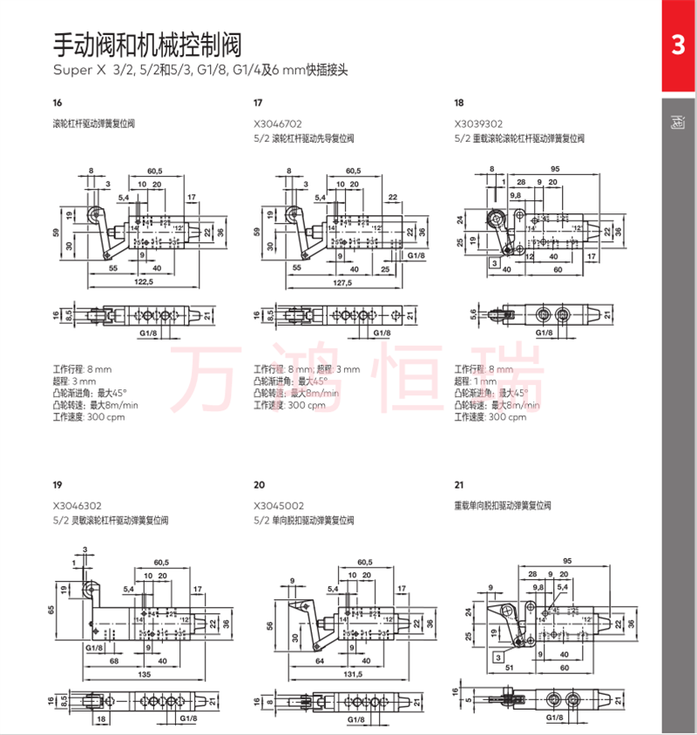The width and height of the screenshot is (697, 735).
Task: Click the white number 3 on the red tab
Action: tap(679, 45)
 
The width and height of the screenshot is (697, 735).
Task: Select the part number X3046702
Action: tap(278, 125)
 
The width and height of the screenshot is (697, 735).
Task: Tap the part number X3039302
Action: tap(478, 125)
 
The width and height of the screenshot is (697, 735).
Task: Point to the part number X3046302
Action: tap(77, 505)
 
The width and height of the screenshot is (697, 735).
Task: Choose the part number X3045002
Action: tap(279, 505)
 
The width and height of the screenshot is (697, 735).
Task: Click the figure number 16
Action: tap(58, 103)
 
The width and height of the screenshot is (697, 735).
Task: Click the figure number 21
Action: tap(459, 484)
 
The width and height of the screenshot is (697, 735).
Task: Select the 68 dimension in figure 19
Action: tap(114, 659)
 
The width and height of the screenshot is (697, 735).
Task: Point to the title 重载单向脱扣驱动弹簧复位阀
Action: tap(503, 505)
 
